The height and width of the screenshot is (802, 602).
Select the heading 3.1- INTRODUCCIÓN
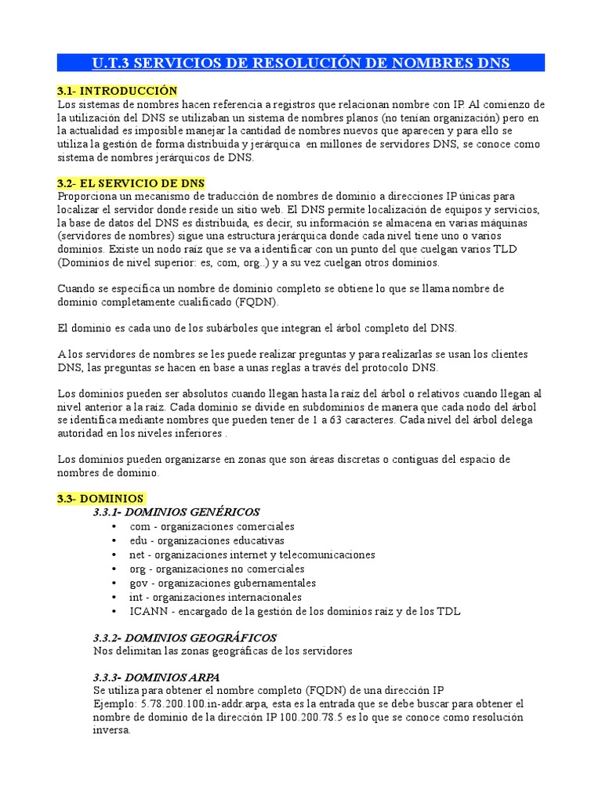click(118, 92)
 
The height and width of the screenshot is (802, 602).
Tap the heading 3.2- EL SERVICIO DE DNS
click(131, 182)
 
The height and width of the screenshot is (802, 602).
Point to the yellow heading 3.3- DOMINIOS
click(100, 498)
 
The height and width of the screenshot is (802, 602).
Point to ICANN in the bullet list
click(147, 611)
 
